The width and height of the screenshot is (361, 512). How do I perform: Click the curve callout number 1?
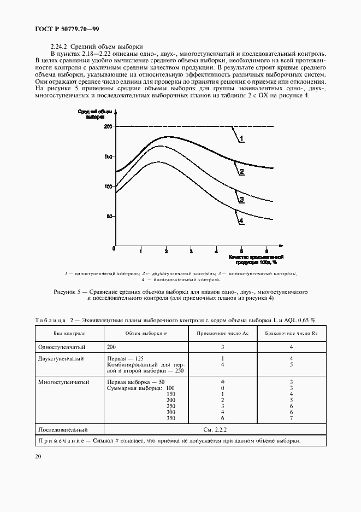click(241, 139)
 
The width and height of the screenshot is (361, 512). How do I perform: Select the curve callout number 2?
click(241, 172)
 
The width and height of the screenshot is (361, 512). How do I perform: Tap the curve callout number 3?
click(241, 201)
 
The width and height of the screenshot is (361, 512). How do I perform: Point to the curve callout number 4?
click(241, 220)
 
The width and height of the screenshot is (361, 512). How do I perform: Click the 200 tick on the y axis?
click(108, 127)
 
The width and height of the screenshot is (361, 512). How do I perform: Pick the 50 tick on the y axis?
click(109, 217)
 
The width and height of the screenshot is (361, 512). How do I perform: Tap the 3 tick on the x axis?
click(191, 251)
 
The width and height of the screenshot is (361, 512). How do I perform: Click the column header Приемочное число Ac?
click(222, 334)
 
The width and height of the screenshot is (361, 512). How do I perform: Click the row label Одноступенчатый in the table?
click(60, 347)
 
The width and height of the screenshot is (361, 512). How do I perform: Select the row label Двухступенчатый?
click(60, 359)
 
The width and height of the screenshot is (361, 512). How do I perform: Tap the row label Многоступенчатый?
click(63, 382)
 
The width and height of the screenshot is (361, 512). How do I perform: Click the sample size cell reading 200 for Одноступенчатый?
click(112, 347)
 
